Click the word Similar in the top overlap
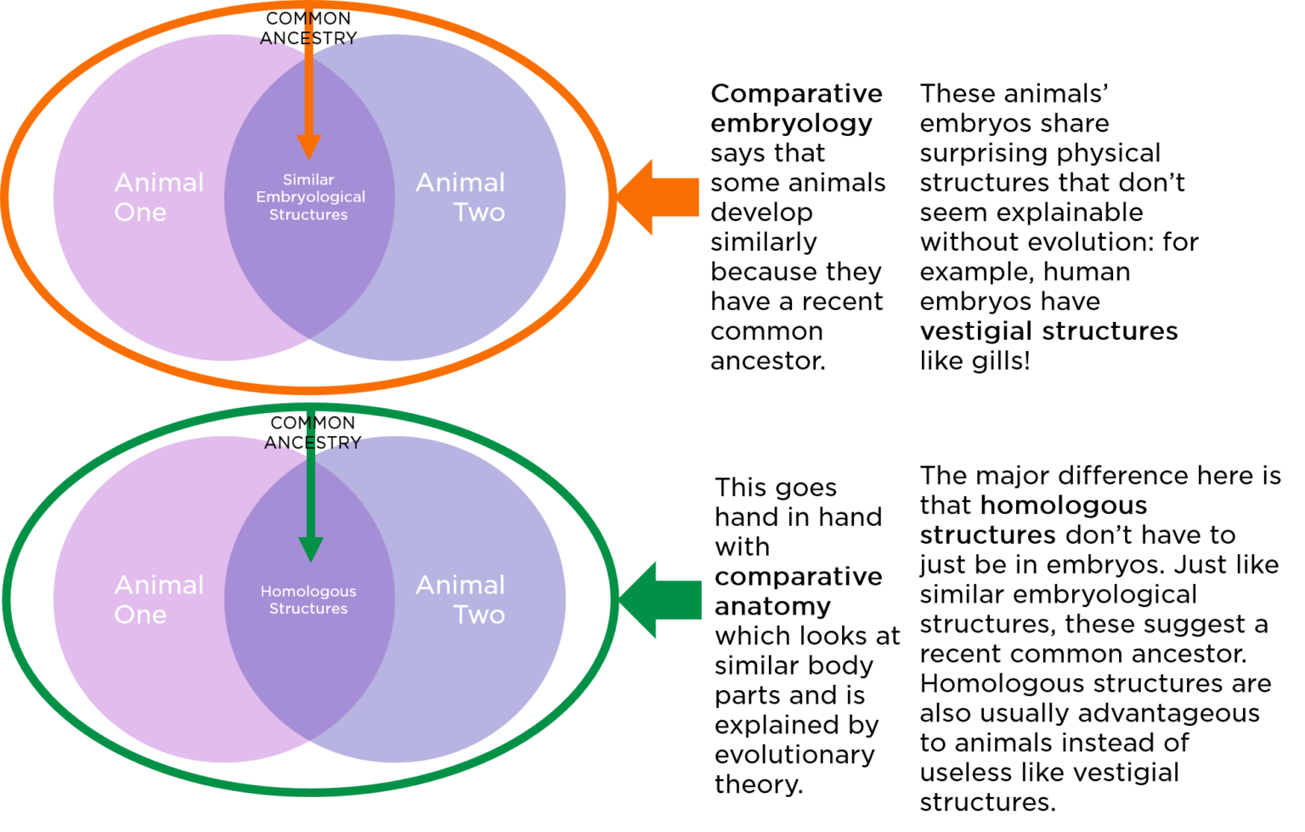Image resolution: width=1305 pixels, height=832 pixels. pos(308,180)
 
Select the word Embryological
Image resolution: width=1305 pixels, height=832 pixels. pos(310,197)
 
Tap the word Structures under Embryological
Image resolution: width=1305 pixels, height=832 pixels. pos(308,215)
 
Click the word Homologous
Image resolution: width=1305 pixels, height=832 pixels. pos(308,591)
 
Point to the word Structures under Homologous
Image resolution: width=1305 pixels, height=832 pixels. pos(308,608)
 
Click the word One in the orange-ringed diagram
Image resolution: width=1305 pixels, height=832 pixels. pos(140,212)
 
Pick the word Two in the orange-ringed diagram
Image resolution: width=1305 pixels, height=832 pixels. pos(478,212)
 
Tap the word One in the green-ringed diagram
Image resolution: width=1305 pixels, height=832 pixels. pos(140,614)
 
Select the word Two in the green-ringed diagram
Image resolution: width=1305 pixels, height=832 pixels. pos(478,614)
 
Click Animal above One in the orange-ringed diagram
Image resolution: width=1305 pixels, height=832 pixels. pos(159,183)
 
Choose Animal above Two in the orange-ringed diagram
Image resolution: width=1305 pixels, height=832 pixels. pos(460,183)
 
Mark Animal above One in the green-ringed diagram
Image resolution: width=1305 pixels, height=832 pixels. pos(159,585)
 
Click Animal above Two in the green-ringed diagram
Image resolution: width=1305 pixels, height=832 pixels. pos(460,585)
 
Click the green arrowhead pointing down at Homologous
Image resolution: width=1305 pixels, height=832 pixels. pos(311,549)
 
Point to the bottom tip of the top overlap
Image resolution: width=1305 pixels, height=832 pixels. pos(309,336)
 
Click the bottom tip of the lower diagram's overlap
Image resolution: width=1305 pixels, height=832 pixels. pos(309,738)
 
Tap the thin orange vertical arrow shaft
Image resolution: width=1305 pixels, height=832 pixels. pos(308,76)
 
